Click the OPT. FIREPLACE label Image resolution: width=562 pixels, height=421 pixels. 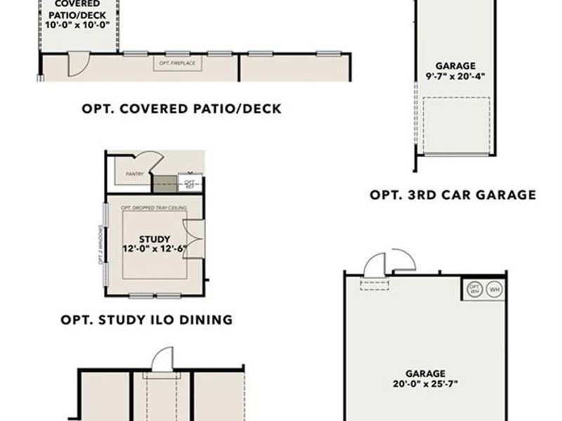coord(178,64)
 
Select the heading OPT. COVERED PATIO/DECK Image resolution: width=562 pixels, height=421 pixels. coord(181,109)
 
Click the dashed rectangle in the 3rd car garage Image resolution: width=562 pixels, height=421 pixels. coord(456,124)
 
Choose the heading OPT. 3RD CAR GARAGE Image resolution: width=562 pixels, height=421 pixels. coord(452,195)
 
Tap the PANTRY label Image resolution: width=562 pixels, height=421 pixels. coord(135,173)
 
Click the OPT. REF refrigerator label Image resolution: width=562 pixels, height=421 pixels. coord(190,184)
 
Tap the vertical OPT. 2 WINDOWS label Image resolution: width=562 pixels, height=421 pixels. coord(102,245)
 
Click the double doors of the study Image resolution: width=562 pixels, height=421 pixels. coord(193,239)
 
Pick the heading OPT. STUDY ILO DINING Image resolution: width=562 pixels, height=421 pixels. coord(146,320)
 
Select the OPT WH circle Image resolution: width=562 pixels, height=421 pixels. coord(475,289)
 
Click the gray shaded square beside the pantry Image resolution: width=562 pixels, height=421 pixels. coord(166,183)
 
